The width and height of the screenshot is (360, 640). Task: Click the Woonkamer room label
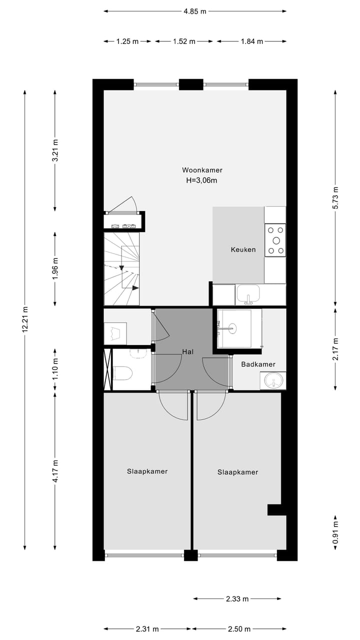click(202, 170)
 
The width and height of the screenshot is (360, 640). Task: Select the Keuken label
click(243, 249)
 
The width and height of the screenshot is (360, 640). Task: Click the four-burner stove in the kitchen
click(275, 240)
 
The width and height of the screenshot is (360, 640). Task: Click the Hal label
click(188, 352)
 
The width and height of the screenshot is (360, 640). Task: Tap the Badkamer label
click(258, 364)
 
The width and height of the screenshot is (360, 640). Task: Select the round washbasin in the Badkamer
click(273, 381)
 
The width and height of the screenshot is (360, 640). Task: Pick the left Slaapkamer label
click(147, 471)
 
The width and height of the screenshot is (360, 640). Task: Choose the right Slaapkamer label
click(237, 472)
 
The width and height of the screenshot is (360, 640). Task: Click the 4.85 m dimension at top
click(195, 11)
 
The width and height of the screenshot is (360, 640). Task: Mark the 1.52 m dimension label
click(184, 41)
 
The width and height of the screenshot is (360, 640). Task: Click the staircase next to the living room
click(121, 269)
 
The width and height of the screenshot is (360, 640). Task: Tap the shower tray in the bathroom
click(239, 328)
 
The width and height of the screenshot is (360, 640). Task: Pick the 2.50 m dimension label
click(237, 629)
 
